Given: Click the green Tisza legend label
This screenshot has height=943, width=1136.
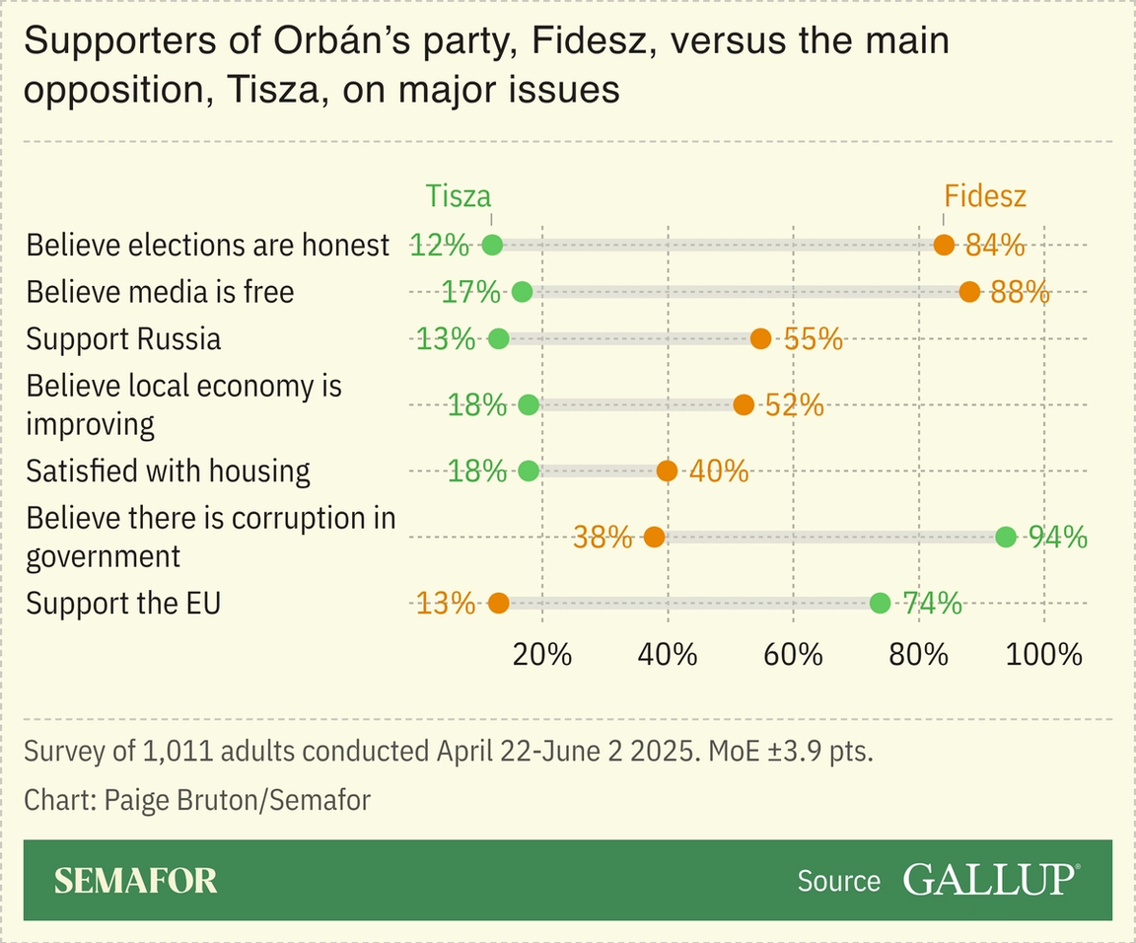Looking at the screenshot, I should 458,195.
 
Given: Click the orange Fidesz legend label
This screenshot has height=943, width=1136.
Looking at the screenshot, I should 984,195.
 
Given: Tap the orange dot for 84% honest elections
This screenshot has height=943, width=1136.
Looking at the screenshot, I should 944,245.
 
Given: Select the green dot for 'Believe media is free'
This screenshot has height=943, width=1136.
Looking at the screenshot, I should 523,292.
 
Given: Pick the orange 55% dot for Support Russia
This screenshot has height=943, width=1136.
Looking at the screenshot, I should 760,338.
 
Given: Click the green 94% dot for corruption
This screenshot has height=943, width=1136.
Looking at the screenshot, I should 1005,537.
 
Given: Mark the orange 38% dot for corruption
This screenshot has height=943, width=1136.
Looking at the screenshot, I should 654,537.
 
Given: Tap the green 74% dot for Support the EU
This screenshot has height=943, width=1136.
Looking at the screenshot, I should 880,603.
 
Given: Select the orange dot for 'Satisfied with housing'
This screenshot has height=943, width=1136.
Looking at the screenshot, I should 667,471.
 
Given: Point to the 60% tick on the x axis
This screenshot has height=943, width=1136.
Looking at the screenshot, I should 794,654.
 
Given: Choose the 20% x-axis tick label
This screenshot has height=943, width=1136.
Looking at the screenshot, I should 542,654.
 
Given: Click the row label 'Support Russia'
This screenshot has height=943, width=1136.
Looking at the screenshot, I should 123,338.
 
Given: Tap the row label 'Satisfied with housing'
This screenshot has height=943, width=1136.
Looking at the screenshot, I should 168,471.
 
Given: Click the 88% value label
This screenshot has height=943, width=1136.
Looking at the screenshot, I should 1019,292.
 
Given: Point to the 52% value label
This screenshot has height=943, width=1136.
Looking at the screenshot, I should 794,404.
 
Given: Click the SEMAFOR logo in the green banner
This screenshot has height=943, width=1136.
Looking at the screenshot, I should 135,880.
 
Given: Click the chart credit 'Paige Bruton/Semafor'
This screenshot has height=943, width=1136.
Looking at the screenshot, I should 197,799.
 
